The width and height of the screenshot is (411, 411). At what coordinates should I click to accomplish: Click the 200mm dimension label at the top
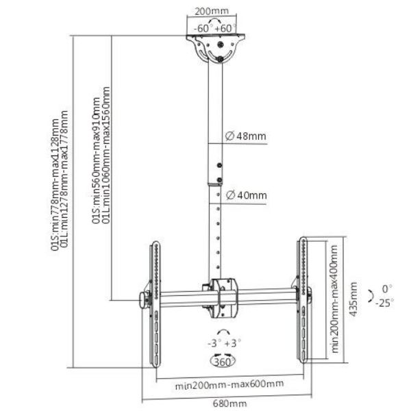coord(210,12)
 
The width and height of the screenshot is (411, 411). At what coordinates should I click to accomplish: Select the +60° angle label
coord(223,28)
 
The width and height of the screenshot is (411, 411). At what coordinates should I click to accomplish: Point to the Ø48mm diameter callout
coord(245,136)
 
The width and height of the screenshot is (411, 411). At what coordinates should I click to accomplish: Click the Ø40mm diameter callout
coord(245,195)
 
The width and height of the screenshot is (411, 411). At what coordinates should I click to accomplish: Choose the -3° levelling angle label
coord(214,343)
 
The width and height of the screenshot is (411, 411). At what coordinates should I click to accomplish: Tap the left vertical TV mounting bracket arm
coord(153,301)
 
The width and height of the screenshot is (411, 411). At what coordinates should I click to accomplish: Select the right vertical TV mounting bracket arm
coord(301,301)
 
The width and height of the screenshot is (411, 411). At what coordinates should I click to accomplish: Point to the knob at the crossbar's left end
coord(144,299)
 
